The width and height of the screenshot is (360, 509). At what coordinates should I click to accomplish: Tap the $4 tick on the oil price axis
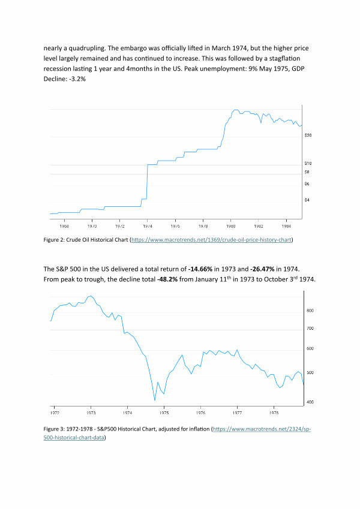(x=308, y=200)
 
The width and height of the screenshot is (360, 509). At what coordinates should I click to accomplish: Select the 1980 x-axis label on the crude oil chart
(x=231, y=227)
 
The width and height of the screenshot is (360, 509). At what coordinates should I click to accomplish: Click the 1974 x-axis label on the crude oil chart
(x=147, y=227)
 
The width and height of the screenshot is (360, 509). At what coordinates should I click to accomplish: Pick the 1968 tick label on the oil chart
(x=63, y=227)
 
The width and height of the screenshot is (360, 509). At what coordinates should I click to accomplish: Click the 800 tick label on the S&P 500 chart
(x=310, y=311)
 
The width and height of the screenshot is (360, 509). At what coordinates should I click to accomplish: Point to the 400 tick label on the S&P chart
(x=310, y=402)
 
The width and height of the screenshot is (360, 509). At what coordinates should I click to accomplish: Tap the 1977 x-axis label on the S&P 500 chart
(x=238, y=413)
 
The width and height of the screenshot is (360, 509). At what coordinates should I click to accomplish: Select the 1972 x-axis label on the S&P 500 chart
(x=55, y=413)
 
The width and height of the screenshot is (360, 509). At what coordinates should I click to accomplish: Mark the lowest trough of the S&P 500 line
(x=155, y=400)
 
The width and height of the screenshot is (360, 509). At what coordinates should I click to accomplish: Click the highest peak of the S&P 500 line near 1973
(x=91, y=296)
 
